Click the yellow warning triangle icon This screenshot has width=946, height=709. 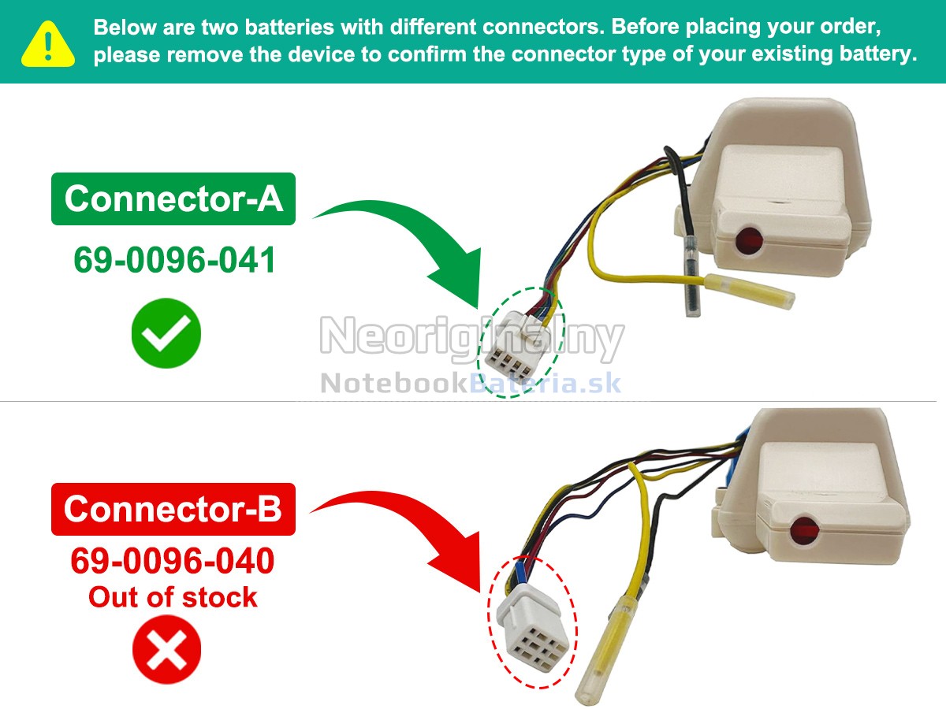(x=48, y=44)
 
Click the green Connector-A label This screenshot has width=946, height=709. (x=173, y=199)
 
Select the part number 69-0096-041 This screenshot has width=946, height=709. (x=174, y=259)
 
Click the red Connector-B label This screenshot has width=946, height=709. (x=173, y=509)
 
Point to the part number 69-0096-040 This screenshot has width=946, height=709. (x=173, y=561)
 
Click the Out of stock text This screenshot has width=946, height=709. (x=173, y=597)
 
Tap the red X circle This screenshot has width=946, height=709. (x=166, y=650)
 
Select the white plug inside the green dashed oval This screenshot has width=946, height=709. (x=519, y=344)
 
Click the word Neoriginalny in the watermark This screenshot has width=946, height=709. (x=471, y=338)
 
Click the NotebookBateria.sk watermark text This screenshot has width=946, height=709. (x=471, y=384)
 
